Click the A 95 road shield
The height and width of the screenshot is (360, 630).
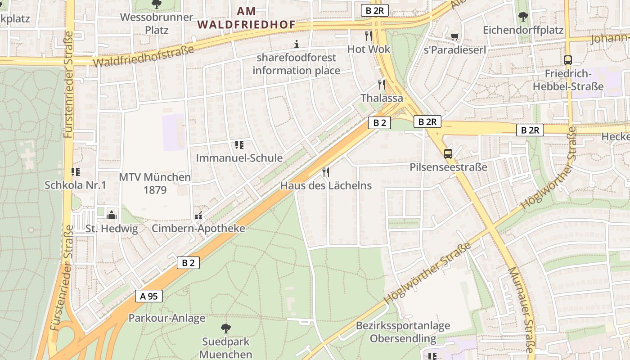pos(148,296)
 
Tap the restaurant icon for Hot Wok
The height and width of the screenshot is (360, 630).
pos(369,36)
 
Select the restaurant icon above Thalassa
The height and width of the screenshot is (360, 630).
pos(382,85)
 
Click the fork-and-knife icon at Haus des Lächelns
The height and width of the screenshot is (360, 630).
pos(326,172)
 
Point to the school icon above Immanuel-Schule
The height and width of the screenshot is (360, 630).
pos(239,144)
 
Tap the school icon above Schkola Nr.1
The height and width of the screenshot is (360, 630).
pos(75,171)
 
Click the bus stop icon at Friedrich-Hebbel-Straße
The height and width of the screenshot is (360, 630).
pos(568,60)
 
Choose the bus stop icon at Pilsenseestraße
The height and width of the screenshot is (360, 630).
pos(448,153)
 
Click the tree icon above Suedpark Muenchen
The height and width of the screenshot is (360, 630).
pos(226,328)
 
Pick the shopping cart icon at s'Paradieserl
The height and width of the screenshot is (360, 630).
pos(455,36)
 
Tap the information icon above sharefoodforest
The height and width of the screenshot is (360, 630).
pos(296,44)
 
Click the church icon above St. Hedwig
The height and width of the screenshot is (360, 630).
pos(112,215)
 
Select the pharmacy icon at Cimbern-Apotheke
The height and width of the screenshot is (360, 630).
pos(198,216)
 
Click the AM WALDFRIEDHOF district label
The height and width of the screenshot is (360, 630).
pos(246,18)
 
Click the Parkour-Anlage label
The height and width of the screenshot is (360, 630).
pos(167,318)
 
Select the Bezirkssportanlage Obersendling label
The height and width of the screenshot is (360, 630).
pos(403,332)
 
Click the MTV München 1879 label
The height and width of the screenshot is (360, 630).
pos(155,184)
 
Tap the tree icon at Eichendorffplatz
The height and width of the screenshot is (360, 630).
pos(523,17)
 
